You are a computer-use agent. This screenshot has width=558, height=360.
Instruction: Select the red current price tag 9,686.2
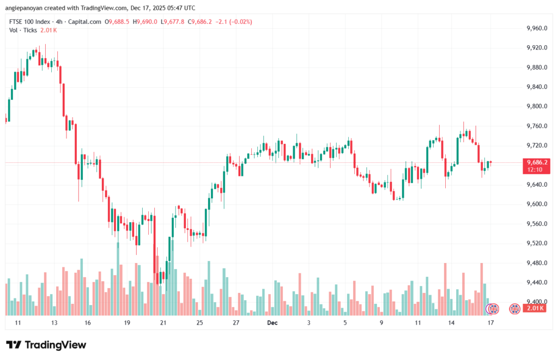(x=536, y=162)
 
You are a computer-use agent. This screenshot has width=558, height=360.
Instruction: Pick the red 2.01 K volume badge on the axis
(x=536, y=309)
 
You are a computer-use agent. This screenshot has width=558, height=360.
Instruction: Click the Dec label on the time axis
(x=272, y=323)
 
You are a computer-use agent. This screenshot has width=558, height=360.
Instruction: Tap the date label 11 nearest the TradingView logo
(x=18, y=323)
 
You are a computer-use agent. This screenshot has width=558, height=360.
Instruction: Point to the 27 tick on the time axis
(x=236, y=323)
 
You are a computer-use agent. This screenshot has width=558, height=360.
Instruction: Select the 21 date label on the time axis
(x=163, y=323)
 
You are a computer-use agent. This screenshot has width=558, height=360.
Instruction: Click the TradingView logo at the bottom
(x=46, y=345)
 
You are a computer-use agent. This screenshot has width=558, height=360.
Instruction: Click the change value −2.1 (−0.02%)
(x=234, y=22)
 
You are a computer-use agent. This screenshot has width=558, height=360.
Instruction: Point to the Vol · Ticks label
(x=22, y=30)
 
